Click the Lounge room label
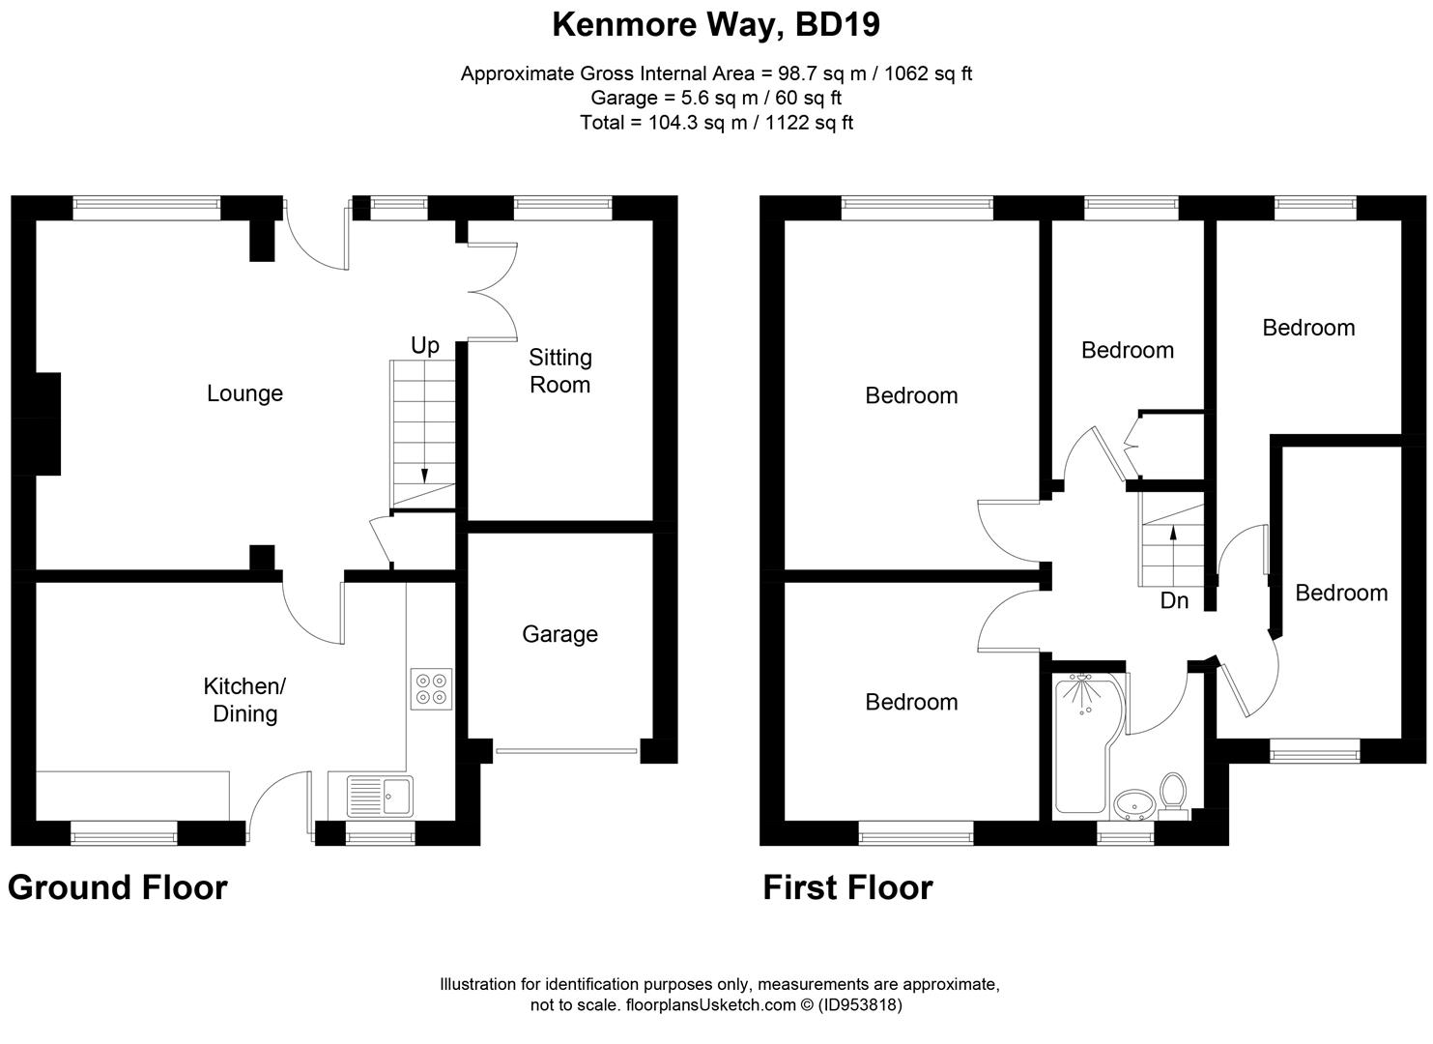(x=244, y=393)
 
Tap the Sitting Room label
(x=559, y=370)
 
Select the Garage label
(x=559, y=634)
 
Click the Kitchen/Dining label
(x=244, y=700)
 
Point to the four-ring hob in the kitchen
(x=431, y=689)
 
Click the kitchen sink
(x=380, y=797)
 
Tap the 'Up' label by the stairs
(x=425, y=346)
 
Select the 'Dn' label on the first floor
(x=1174, y=600)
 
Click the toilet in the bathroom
(x=1173, y=797)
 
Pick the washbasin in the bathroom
(x=1134, y=804)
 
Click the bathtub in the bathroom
(x=1087, y=742)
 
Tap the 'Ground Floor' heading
(x=118, y=887)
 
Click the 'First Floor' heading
(x=847, y=887)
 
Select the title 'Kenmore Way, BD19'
(x=717, y=25)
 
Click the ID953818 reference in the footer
(x=860, y=1004)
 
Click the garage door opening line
(x=567, y=750)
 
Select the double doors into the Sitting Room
(x=493, y=292)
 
